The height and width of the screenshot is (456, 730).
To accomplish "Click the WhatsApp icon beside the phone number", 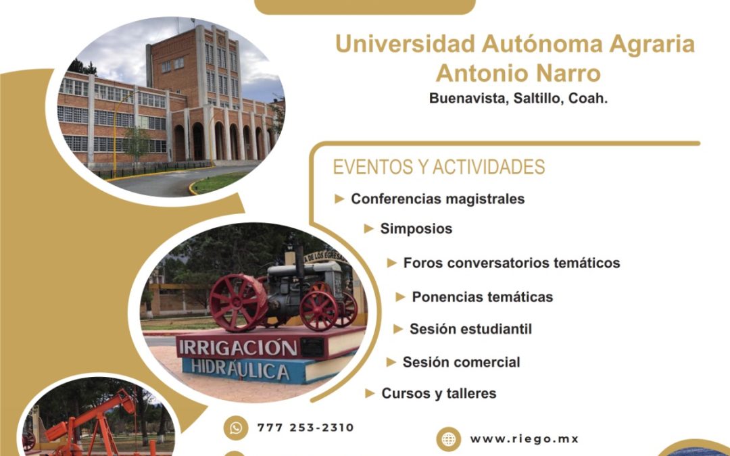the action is click(236, 428).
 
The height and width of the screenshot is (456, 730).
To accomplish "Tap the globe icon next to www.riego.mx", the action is click(448, 439).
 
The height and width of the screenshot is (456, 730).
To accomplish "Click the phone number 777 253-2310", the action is click(306, 428).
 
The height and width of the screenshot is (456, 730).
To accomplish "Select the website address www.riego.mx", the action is click(525, 439).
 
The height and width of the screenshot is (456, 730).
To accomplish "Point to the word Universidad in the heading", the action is click(405, 44).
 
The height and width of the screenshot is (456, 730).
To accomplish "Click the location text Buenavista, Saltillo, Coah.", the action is click(518, 99).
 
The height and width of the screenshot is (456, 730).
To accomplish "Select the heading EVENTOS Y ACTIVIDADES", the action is click(439, 167).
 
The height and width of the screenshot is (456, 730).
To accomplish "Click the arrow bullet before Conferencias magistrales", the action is click(339, 199).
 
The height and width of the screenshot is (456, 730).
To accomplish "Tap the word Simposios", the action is click(416, 228).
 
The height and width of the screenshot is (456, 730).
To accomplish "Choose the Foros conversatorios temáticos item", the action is click(511, 263).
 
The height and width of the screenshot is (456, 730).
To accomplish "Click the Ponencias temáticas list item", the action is click(483, 297).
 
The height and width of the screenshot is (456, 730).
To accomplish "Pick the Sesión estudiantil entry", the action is click(470, 329).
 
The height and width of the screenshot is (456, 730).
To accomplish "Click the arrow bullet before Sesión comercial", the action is click(391, 362).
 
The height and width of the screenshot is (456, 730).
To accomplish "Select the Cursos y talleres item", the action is click(439, 394).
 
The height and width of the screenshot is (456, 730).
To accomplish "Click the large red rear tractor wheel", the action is click(238, 303).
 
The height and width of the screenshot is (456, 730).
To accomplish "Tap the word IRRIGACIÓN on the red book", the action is click(237, 348).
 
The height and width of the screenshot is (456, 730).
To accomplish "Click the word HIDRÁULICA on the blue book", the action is click(240, 370).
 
